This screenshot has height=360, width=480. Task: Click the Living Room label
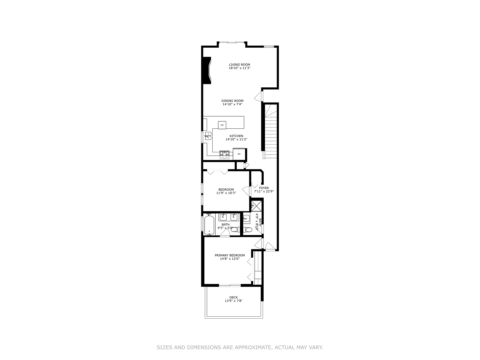tap(239, 65)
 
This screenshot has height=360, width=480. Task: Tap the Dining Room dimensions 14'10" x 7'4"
tap(232, 104)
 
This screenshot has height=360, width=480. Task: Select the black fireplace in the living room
tap(207, 70)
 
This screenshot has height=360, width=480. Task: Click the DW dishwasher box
tap(222, 125)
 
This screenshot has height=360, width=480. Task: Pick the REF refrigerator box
tap(239, 154)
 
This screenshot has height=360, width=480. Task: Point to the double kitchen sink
tap(208, 136)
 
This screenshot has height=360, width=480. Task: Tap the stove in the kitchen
tap(224, 153)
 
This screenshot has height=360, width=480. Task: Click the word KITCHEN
tap(236, 136)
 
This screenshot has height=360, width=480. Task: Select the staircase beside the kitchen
tap(271, 132)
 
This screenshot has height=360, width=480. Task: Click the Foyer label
tap(264, 188)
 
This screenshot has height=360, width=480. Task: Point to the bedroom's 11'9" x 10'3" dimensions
tap(226, 193)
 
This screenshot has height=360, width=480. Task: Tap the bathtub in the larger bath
tap(209, 225)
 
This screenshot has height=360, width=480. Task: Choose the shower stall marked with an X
tap(257, 206)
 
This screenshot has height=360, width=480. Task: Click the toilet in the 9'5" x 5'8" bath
tap(234, 229)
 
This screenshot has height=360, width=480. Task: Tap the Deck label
tap(233, 297)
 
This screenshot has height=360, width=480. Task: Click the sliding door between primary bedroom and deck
tap(230, 285)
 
